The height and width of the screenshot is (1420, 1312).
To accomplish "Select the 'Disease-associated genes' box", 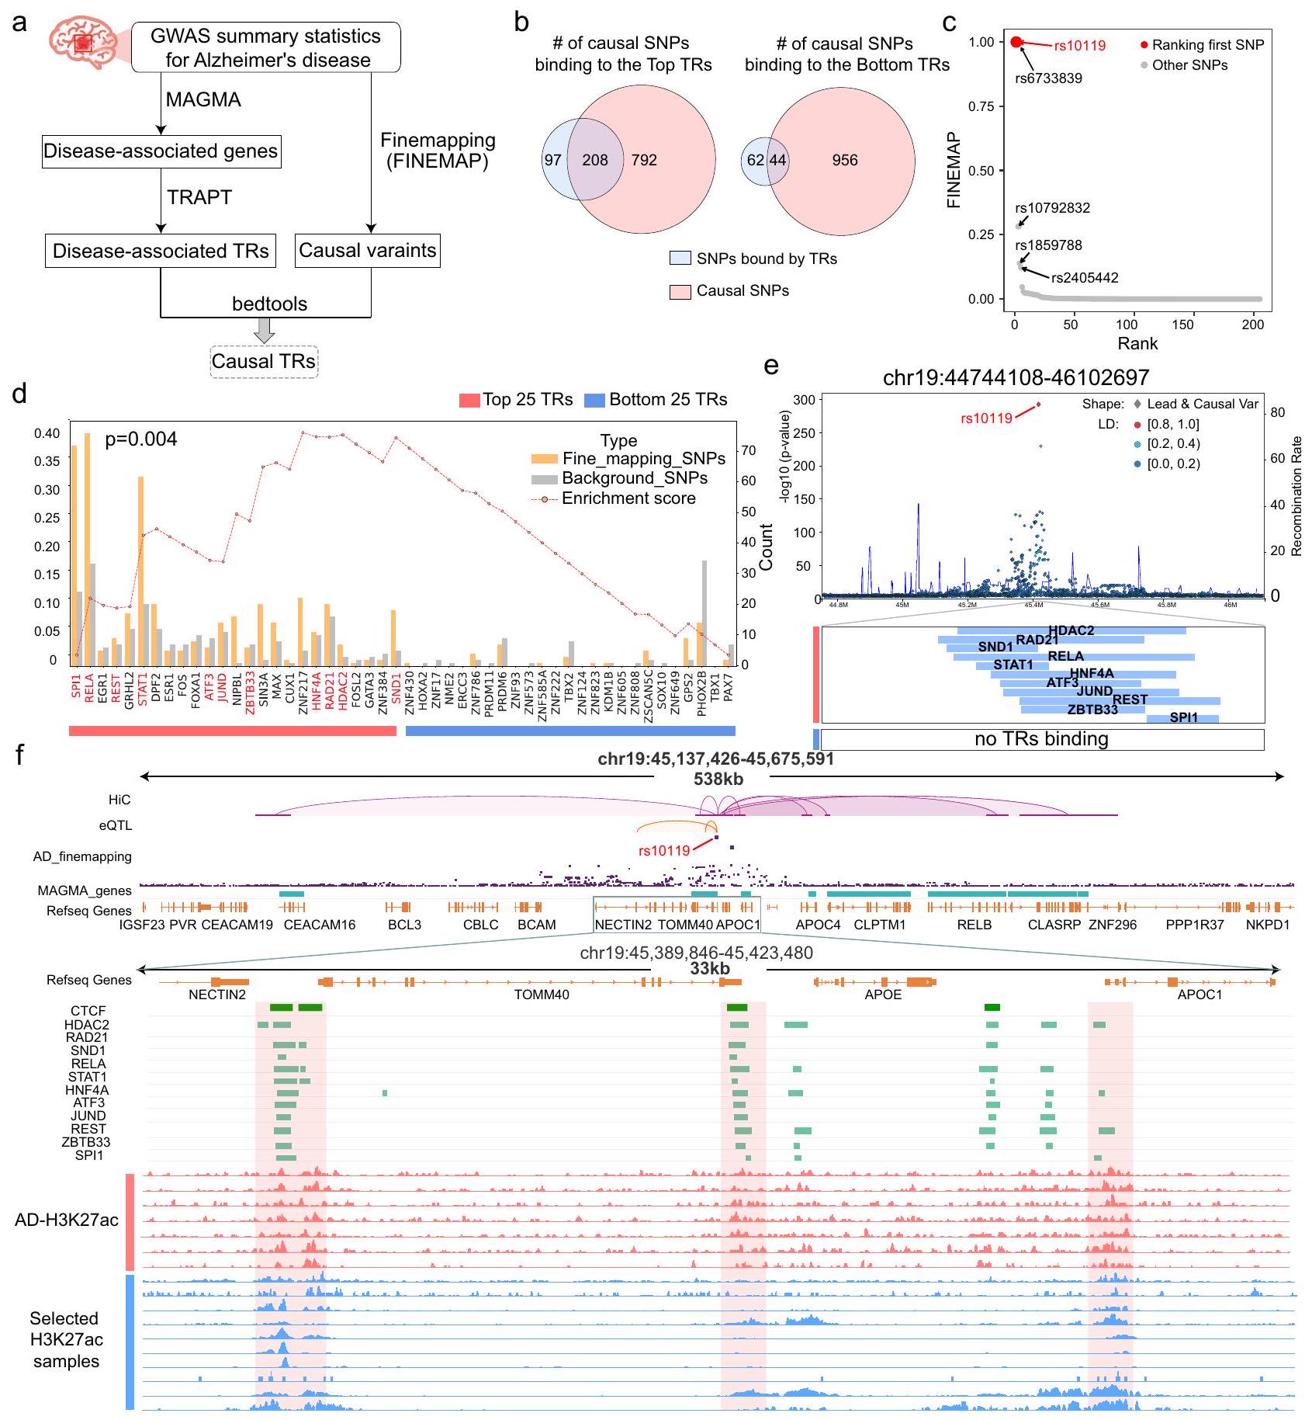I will tap(161, 151).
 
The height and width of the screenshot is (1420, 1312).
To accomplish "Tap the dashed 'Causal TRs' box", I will tap(264, 362).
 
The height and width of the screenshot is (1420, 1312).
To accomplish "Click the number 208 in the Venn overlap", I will tap(595, 161).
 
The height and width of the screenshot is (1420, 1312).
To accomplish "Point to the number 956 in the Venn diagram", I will tap(845, 161).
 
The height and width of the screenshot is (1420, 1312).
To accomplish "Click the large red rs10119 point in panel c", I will tap(1017, 42).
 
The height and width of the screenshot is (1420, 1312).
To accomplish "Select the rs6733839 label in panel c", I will tap(1048, 78).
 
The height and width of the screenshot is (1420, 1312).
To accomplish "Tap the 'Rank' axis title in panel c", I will tap(1137, 344).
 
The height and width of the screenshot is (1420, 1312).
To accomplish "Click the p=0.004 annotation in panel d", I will tap(140, 439).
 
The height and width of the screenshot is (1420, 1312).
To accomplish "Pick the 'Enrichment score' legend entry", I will tap(628, 498).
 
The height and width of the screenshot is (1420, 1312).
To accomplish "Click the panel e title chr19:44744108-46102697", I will tap(1016, 378).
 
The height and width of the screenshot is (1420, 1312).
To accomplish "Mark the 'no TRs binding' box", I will tap(1041, 739).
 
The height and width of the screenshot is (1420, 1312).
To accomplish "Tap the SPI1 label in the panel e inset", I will tap(1183, 717).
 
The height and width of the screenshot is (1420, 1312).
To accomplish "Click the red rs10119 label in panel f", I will tap(663, 851).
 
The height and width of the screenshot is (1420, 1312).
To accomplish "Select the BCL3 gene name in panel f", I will tap(404, 925).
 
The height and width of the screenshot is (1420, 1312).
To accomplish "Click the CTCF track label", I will tap(88, 1011).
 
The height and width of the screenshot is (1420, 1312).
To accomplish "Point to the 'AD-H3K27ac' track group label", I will tap(67, 1220).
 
